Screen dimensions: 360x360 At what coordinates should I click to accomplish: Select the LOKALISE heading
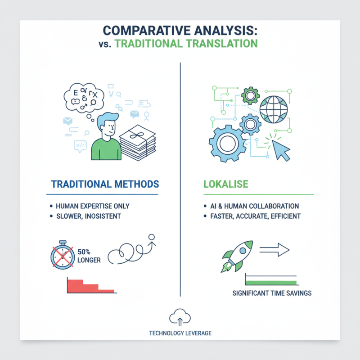point(226,184)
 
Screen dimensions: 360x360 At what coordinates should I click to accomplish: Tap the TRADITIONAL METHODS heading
point(105,184)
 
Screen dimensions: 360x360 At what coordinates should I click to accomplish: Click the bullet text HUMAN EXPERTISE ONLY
point(93,206)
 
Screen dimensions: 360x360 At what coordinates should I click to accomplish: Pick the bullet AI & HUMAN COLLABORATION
point(255,206)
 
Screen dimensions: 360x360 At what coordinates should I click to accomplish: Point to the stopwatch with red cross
point(63,255)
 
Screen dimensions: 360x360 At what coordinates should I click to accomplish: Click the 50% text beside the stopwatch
point(84,252)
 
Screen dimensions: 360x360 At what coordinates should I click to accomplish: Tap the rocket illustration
point(237,256)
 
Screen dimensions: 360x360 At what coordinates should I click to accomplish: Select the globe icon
point(274,109)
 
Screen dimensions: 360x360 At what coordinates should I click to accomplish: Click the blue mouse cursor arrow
point(281,151)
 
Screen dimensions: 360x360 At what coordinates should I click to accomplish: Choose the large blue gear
point(227,144)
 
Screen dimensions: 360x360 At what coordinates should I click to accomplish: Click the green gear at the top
point(250,96)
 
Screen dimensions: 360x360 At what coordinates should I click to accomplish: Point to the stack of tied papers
point(138,143)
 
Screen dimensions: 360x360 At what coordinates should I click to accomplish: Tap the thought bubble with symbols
point(84,98)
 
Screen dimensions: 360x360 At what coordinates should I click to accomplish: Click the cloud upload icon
point(180,317)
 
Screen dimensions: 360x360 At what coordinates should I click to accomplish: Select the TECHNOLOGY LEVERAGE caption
point(180,333)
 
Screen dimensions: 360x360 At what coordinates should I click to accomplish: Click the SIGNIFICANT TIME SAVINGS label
point(272,293)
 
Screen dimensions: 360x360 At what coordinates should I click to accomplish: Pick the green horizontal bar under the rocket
point(271,283)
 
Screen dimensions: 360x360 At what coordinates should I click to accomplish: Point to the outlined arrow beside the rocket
point(274,250)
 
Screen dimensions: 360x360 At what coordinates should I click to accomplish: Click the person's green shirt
point(106,149)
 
